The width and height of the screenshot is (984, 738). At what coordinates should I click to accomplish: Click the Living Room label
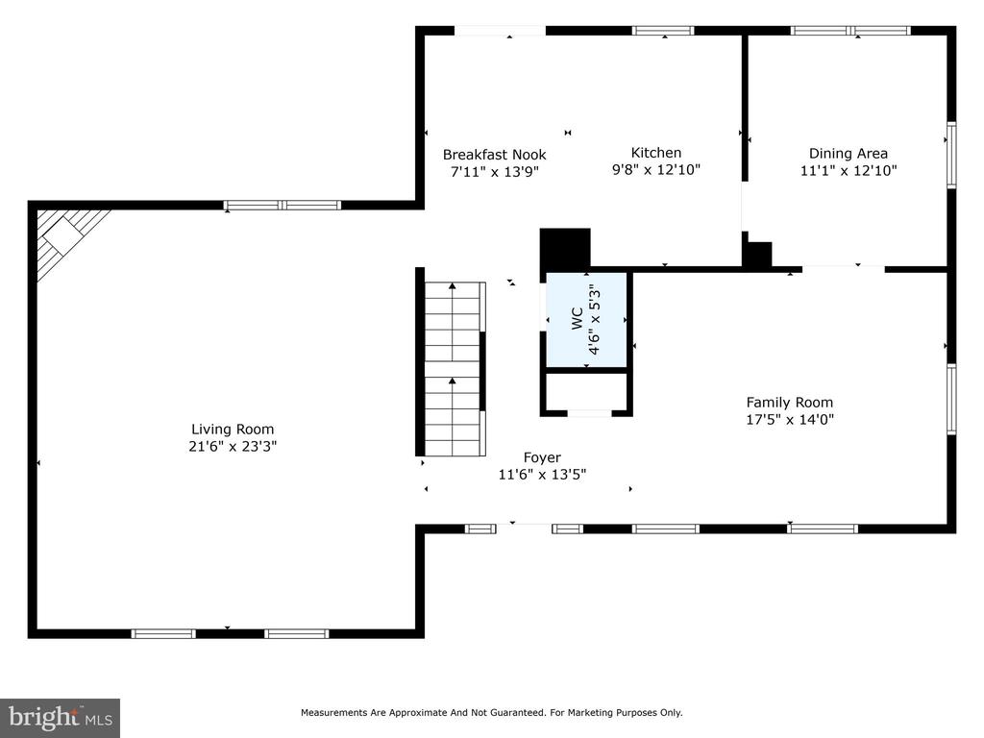[233, 430]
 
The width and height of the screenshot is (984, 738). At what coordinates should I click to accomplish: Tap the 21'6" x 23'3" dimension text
[233, 446]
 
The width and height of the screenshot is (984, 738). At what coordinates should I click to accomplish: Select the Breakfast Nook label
[495, 155]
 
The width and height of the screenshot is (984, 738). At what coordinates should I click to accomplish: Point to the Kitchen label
[655, 153]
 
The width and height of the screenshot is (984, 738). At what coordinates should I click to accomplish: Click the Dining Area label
[849, 153]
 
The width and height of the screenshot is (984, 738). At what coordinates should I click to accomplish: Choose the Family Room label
[790, 403]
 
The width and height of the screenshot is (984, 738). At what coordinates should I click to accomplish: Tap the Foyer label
[542, 457]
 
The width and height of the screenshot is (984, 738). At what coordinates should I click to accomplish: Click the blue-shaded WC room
[587, 320]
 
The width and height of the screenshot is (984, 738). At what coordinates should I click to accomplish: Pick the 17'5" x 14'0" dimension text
[790, 419]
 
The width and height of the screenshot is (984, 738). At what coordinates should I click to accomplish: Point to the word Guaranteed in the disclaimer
[517, 712]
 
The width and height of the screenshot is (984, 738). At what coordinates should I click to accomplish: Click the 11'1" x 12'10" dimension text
[849, 170]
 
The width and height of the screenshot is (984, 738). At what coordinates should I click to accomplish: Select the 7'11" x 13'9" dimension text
[495, 171]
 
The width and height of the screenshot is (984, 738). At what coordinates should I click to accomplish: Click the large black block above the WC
[565, 249]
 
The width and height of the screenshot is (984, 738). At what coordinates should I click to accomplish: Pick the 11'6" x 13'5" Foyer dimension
[542, 475]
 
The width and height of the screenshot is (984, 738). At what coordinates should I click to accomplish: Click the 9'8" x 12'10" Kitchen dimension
[655, 169]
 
